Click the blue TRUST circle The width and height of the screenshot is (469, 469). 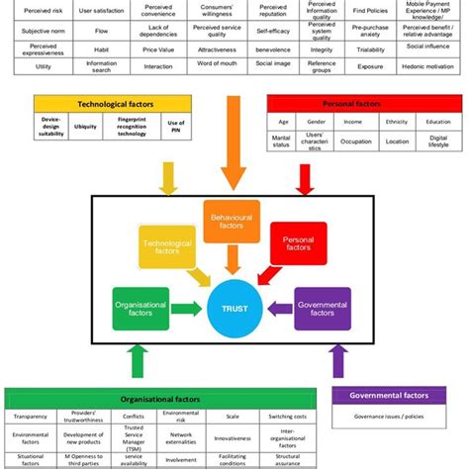(234, 309)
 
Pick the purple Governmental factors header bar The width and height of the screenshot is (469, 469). (389, 396)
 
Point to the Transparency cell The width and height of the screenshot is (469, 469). (31, 416)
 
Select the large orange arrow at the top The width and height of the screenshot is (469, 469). (234, 139)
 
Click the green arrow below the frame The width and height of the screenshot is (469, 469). (136, 366)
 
